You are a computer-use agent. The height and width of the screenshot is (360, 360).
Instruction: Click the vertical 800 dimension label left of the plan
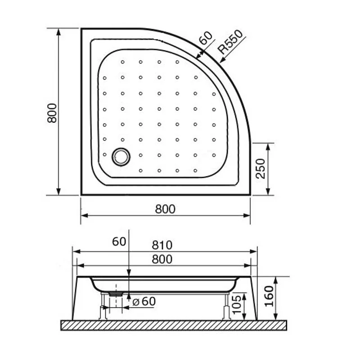pos(51,112)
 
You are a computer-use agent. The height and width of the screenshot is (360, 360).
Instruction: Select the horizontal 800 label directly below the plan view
pos(165,209)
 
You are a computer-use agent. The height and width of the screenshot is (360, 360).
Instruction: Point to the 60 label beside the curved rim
pos(206,38)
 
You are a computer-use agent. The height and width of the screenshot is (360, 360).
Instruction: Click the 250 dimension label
pos(261,169)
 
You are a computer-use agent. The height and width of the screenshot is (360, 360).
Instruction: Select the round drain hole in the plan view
pos(121,157)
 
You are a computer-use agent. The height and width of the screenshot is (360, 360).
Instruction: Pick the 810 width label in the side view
pos(163,245)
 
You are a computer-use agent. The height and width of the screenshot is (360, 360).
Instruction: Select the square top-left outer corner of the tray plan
pos(81,29)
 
